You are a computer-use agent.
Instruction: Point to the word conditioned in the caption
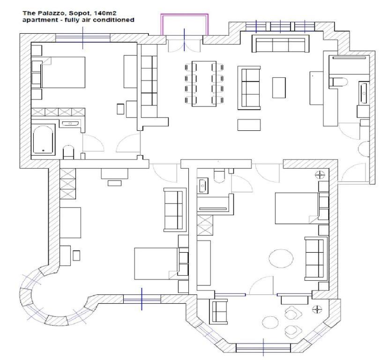click(x=113, y=20)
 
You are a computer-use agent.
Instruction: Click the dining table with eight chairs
click(x=204, y=83)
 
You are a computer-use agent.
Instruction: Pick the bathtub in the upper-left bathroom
click(x=43, y=140)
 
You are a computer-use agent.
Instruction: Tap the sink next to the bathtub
click(x=70, y=124)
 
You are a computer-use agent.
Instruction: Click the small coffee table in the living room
click(x=279, y=88)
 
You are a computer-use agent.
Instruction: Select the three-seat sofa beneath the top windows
click(x=280, y=44)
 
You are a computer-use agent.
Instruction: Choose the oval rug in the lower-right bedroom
click(x=281, y=258)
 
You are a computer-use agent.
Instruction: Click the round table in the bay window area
click(x=270, y=322)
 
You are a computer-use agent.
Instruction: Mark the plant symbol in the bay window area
click(x=317, y=309)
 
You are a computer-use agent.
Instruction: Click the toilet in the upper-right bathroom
click(x=340, y=82)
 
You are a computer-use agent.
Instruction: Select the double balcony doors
click(x=185, y=45)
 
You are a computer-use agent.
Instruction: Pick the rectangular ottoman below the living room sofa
click(x=249, y=125)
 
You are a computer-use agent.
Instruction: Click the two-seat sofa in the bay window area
click(x=219, y=312)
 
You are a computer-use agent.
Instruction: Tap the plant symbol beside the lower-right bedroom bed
click(x=320, y=174)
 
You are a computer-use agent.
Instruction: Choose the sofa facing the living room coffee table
click(x=249, y=88)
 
